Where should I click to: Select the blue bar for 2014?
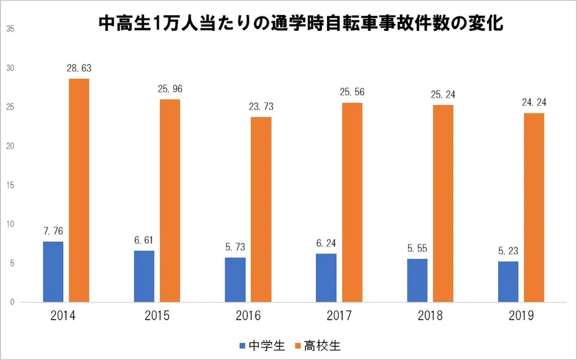click(x=53, y=271)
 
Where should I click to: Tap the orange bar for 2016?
click(x=261, y=210)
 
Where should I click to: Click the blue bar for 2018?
click(x=417, y=280)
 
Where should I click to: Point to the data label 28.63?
click(x=78, y=69)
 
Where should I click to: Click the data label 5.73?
click(x=236, y=247)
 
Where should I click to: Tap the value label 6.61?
click(x=144, y=240)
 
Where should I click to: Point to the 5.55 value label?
click(x=417, y=249)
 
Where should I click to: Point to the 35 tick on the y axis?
click(x=9, y=29)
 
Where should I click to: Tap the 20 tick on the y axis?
click(x=9, y=146)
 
